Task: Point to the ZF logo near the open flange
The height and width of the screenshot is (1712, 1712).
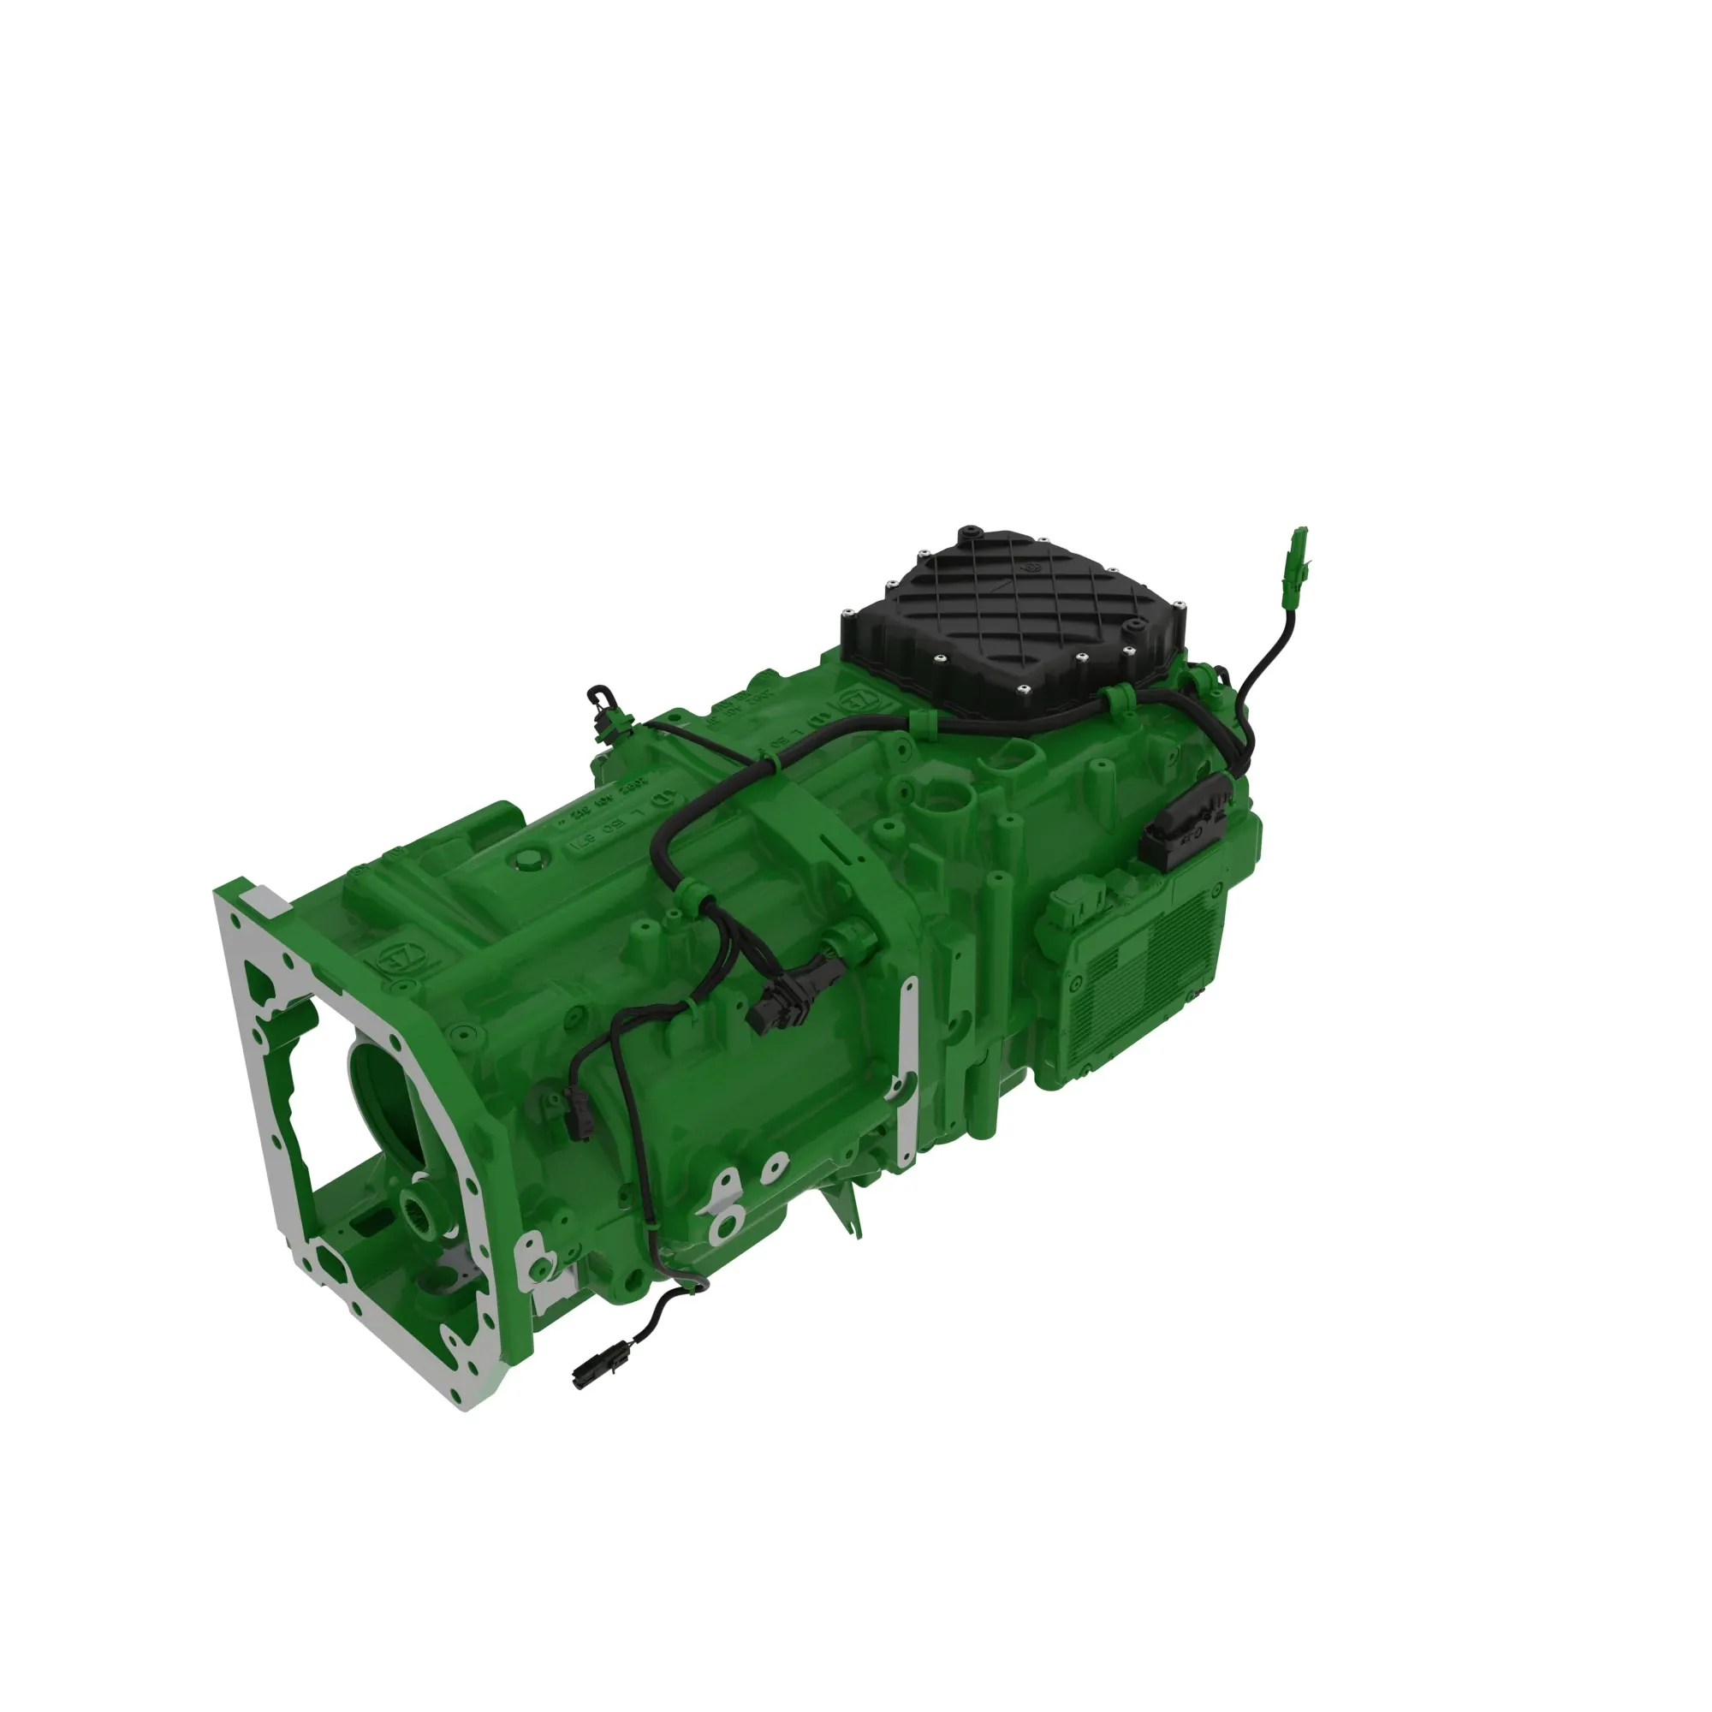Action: [x=396, y=959]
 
